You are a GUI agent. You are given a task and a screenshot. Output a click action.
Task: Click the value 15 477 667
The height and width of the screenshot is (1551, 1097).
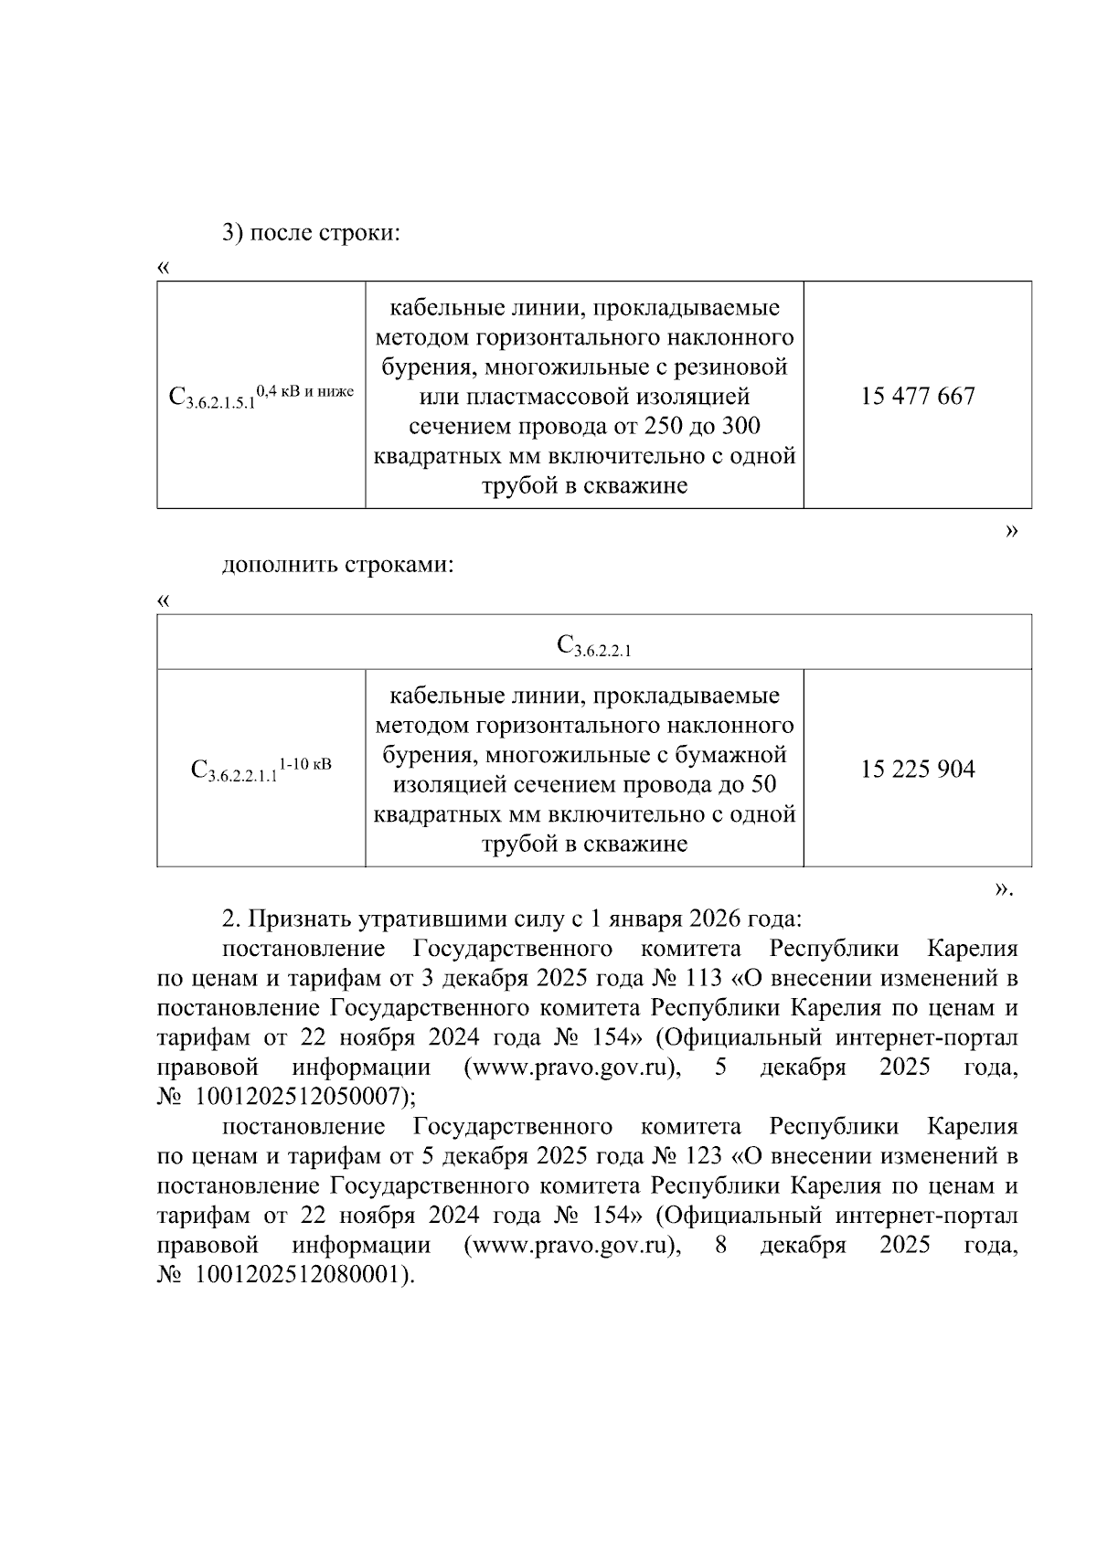(917, 397)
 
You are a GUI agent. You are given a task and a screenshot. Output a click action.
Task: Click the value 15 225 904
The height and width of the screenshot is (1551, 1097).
(917, 770)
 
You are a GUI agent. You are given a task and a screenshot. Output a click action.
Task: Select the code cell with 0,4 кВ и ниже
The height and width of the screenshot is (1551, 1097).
(261, 396)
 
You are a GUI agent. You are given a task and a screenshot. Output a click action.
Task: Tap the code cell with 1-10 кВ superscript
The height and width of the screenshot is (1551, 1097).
(261, 769)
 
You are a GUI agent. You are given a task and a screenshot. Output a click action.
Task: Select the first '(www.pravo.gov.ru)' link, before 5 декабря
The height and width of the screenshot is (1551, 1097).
(572, 1068)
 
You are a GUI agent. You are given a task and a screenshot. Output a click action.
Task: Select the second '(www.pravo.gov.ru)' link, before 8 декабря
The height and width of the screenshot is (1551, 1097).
(572, 1245)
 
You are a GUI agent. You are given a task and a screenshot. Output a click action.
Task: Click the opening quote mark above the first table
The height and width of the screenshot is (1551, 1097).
(163, 268)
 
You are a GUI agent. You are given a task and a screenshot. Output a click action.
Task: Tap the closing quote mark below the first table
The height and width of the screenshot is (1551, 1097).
(1010, 531)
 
